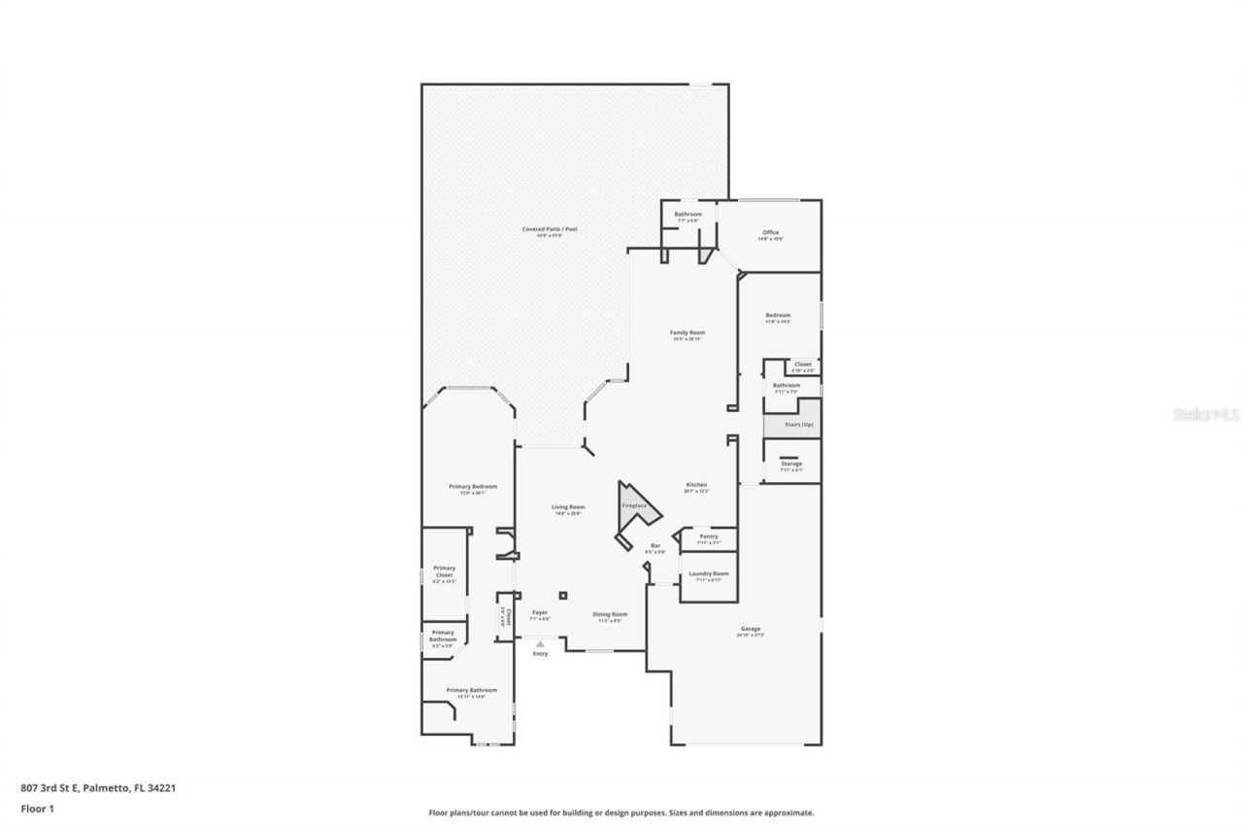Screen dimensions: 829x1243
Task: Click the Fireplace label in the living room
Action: coord(634,505)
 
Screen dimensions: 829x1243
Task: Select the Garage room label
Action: coord(751,629)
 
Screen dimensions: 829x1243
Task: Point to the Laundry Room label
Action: coord(708,573)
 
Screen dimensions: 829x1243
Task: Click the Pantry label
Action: coord(708,536)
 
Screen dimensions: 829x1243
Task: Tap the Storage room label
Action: coord(791,464)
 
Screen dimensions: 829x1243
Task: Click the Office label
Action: coord(770,232)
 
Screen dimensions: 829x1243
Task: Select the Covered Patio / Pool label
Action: coord(550,229)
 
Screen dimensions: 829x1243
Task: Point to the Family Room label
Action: coord(687,332)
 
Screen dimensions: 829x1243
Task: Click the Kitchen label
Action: coord(696,485)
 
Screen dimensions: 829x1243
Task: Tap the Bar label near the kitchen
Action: coord(655,545)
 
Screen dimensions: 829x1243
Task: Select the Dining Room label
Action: coord(610,613)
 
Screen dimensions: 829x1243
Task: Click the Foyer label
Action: coord(540,612)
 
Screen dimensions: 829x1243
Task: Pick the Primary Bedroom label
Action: coord(472,486)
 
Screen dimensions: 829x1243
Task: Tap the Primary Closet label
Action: coord(444,571)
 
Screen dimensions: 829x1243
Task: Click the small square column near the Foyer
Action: coord(562,596)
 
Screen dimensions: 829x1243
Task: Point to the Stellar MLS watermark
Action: coord(1207,414)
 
